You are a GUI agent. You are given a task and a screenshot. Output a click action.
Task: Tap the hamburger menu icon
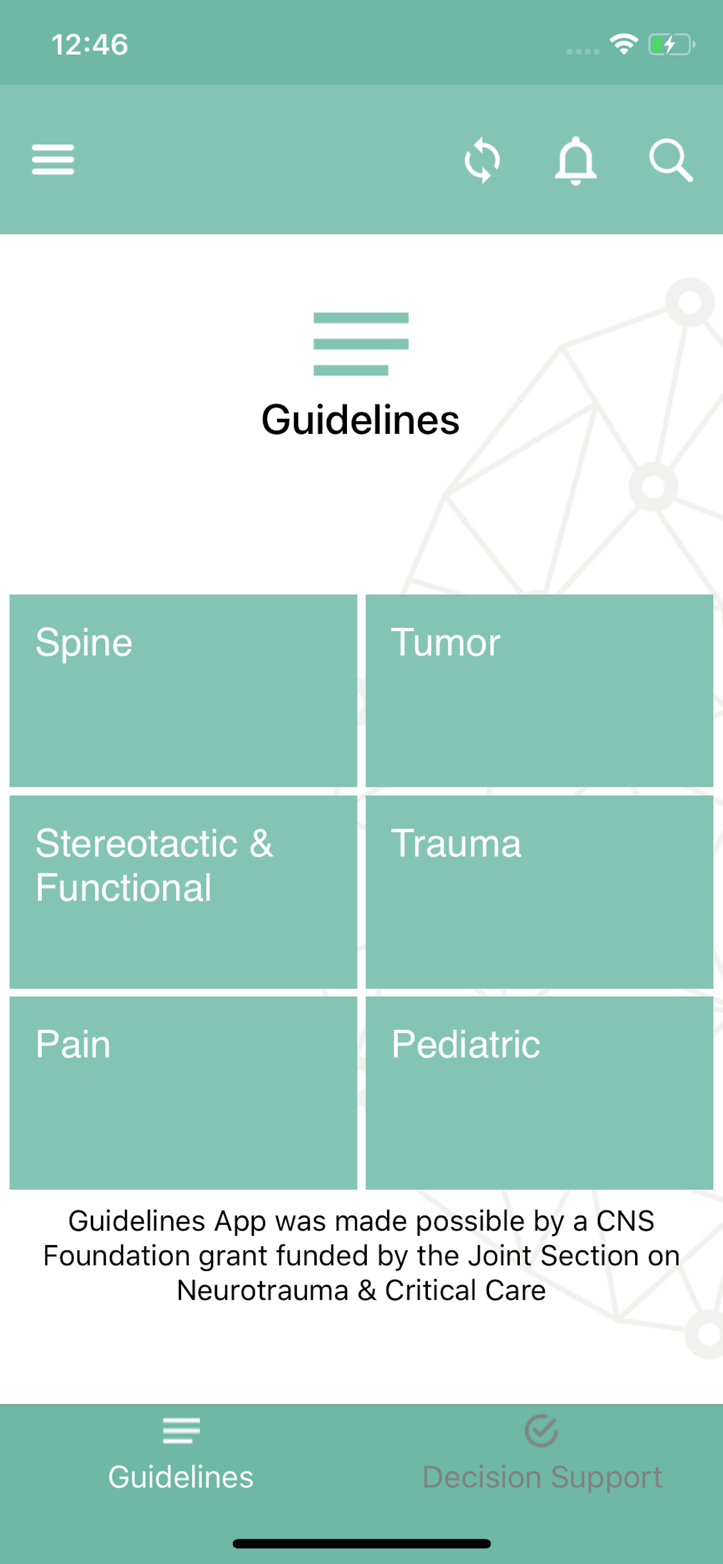(53, 159)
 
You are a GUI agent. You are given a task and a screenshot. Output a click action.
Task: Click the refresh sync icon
(483, 160)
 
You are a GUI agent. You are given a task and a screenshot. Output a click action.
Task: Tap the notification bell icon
(576, 161)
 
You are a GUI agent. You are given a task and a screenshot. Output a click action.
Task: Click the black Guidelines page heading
(361, 420)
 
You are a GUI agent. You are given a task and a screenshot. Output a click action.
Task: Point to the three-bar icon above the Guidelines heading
(361, 344)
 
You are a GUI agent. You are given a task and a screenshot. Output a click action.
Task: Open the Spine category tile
(183, 690)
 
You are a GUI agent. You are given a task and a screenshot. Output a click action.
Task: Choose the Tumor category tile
(540, 690)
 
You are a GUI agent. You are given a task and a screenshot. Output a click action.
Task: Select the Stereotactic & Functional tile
(183, 891)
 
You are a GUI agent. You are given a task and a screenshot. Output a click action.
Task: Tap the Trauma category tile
(540, 891)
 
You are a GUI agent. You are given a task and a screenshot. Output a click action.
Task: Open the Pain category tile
(183, 1092)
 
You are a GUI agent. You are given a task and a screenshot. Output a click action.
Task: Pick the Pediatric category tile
(540, 1092)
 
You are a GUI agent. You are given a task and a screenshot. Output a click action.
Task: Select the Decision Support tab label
(542, 1477)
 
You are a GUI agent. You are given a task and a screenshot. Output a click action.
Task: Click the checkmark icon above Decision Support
(541, 1431)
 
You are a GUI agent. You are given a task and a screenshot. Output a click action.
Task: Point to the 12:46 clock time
(90, 44)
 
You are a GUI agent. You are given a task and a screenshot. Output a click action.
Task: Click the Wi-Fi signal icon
(624, 44)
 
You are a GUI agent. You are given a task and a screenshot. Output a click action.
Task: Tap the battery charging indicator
(671, 44)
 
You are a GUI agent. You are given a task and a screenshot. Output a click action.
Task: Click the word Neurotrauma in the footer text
(263, 1290)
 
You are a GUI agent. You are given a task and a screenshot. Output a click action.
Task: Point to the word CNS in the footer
(625, 1220)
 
